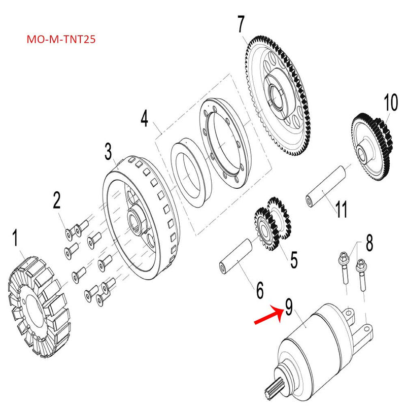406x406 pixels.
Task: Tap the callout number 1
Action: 15,239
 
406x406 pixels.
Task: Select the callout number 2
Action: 56,201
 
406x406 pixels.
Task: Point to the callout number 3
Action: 108,151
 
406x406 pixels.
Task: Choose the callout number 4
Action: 145,119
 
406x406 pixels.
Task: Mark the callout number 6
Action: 259,290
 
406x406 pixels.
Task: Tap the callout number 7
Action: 241,25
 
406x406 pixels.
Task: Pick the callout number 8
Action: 369,243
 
